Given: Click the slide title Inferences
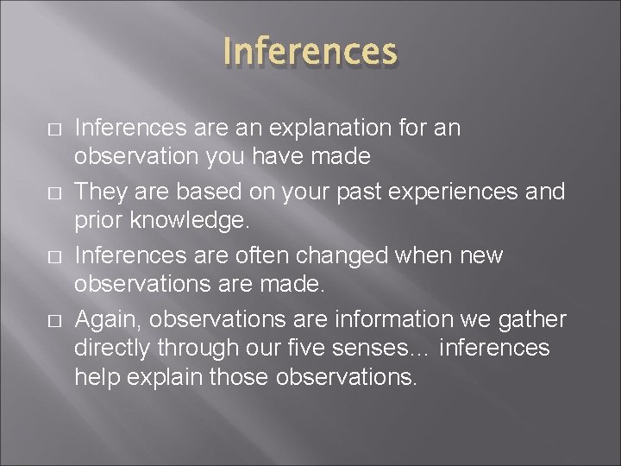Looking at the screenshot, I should click(310, 52).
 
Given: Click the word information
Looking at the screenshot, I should click(400, 320).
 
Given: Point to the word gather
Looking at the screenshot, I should click(532, 320).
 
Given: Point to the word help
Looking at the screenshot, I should click(95, 378).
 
